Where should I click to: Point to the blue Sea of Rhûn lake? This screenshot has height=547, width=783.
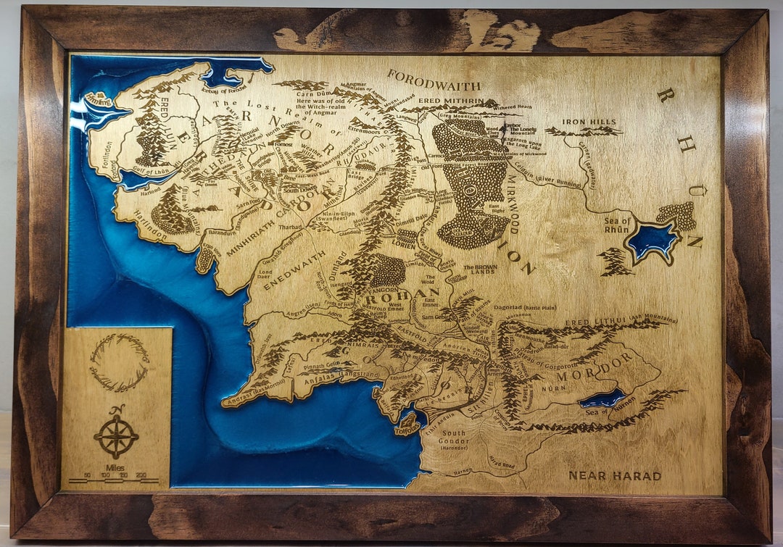pyautogui.click(x=652, y=240)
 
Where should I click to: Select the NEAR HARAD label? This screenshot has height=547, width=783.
pyautogui.click(x=615, y=476)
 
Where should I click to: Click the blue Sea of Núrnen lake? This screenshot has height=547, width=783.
pyautogui.click(x=602, y=398)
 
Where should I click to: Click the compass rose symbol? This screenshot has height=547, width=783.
pyautogui.click(x=116, y=436)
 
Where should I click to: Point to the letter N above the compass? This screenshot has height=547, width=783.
pyautogui.click(x=118, y=409)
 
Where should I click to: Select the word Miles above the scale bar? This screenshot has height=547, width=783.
pyautogui.click(x=115, y=468)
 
